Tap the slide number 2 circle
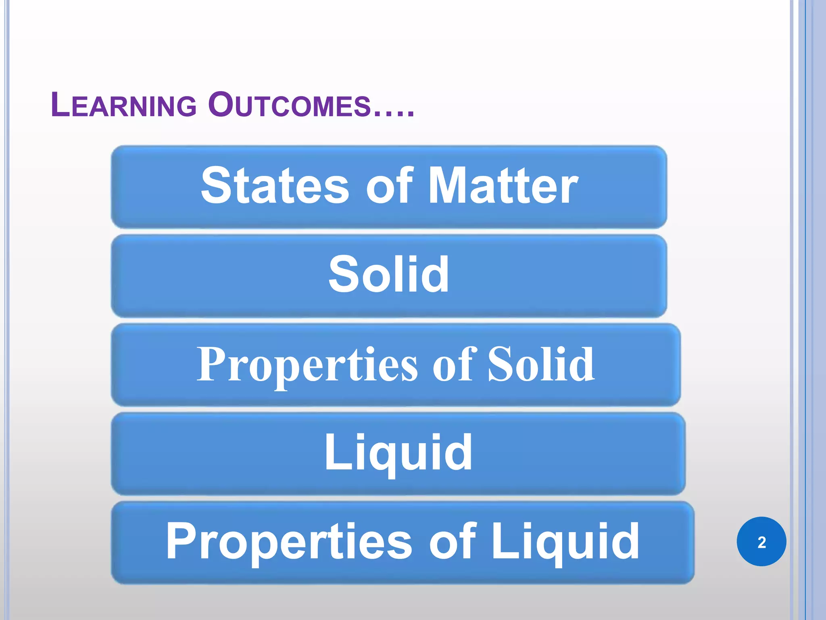tap(761, 542)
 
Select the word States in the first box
tap(275, 186)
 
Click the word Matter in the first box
tap(503, 186)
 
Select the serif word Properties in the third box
tap(307, 364)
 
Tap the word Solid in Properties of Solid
tap(541, 364)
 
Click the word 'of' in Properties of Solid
tap(452, 364)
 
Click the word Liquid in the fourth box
tap(398, 453)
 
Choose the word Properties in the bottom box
tap(289, 541)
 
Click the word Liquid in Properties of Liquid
tap(565, 541)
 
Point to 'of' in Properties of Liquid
tap(452, 541)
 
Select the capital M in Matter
tap(447, 186)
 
